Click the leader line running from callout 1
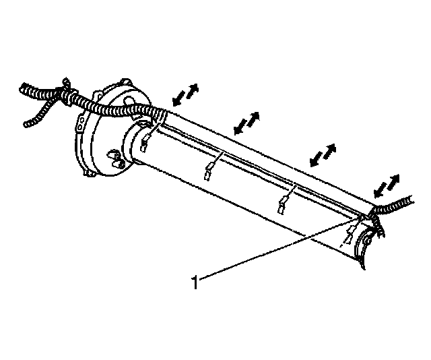click(x=269, y=249)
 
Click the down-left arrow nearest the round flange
click(x=178, y=100)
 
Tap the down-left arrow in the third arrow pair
click(x=313, y=160)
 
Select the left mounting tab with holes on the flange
click(x=81, y=125)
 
